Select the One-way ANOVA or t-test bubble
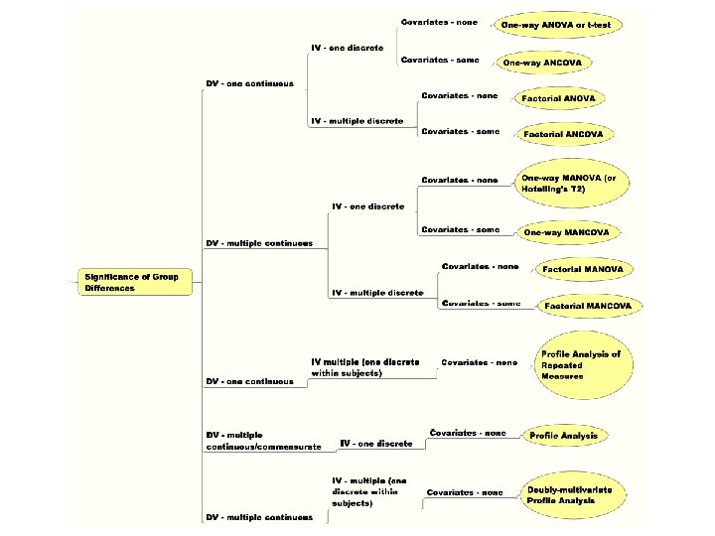click(x=562, y=25)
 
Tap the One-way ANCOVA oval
click(x=543, y=63)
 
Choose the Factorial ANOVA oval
click(x=560, y=98)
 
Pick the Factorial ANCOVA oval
click(x=560, y=134)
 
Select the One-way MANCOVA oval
click(x=566, y=232)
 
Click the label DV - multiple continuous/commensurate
click(x=262, y=441)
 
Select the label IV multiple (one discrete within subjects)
click(x=364, y=367)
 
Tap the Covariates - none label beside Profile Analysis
click(x=467, y=433)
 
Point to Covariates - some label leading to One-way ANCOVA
click(x=439, y=60)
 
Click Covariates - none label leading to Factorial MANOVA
click(x=480, y=266)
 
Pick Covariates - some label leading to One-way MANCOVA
click(x=460, y=229)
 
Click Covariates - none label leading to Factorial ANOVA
click(x=459, y=95)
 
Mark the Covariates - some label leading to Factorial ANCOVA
click(x=459, y=131)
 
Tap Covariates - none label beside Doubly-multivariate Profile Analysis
click(x=465, y=492)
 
